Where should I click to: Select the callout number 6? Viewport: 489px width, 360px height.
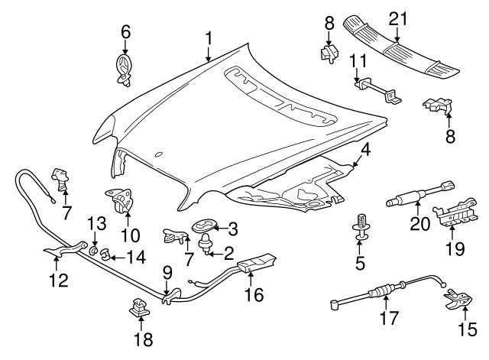tap(125, 31)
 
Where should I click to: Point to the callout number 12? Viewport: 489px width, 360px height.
tap(59, 281)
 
